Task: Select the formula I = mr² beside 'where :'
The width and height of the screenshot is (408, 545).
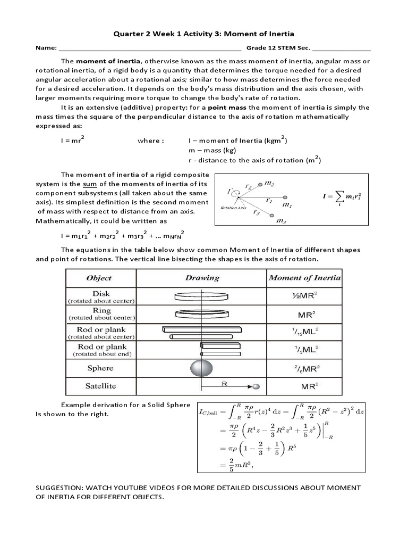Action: click(x=73, y=141)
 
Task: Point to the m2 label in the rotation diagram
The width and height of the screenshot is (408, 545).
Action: click(x=269, y=183)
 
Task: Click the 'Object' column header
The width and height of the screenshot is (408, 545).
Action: click(x=99, y=278)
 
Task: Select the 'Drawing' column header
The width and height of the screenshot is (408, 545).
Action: click(x=202, y=278)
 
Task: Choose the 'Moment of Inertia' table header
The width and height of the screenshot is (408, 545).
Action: click(x=304, y=278)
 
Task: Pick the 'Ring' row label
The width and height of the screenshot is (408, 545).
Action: click(x=101, y=310)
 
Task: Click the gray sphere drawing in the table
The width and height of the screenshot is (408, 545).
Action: click(x=201, y=368)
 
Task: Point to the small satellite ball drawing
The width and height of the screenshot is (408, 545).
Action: click(x=256, y=386)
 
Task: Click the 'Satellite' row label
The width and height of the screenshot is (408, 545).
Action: click(x=100, y=386)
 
